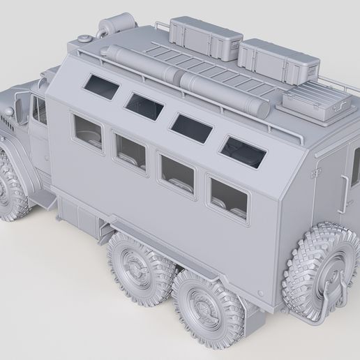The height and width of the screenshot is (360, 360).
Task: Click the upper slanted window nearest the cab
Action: pos(102,87)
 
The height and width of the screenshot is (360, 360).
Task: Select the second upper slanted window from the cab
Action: pos(144,105)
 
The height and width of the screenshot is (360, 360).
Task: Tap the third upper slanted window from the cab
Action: pos(191,127)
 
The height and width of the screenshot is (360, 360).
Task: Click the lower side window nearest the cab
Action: pos(89,132)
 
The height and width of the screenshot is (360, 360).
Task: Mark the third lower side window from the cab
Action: pos(177,174)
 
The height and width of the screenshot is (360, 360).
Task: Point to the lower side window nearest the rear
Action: pos(229,198)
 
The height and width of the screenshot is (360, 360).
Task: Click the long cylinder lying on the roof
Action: pos(186,78)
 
